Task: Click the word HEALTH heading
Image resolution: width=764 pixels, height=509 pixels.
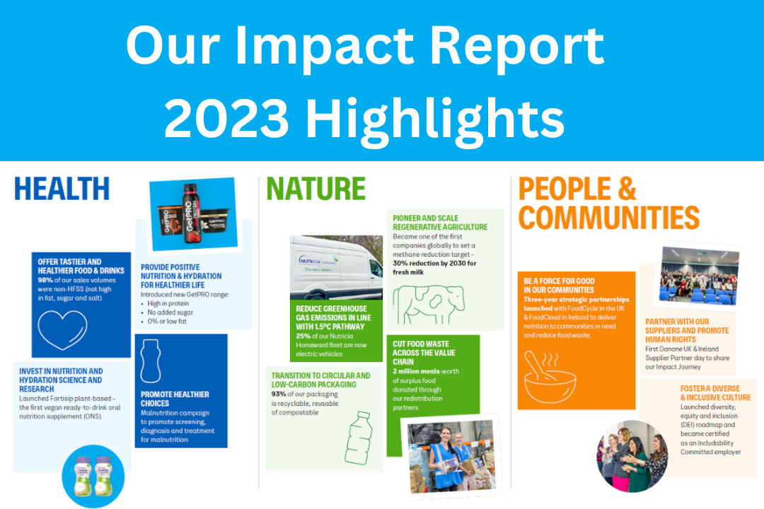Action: pyautogui.click(x=62, y=189)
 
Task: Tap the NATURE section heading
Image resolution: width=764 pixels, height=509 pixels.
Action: pyautogui.click(x=316, y=189)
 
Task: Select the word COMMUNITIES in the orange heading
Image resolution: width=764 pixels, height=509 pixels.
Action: pyautogui.click(x=608, y=218)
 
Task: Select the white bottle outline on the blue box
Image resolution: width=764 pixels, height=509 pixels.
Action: pyautogui.click(x=150, y=361)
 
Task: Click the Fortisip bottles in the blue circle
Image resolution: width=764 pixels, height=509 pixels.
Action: pyautogui.click(x=93, y=474)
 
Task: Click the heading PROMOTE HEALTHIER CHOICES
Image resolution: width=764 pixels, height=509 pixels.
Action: pyautogui.click(x=175, y=399)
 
